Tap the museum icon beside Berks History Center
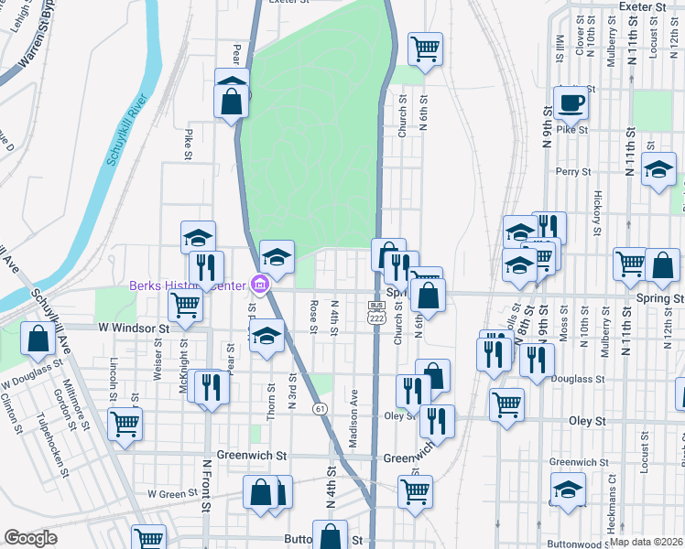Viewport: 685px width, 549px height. pyautogui.click(x=261, y=286)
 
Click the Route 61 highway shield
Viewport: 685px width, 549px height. pyautogui.click(x=319, y=407)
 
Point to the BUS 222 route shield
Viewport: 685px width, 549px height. pyautogui.click(x=376, y=310)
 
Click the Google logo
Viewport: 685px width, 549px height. pyautogui.click(x=30, y=538)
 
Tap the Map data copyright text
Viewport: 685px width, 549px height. pyautogui.click(x=646, y=542)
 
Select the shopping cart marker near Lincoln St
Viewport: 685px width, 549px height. pyautogui.click(x=125, y=424)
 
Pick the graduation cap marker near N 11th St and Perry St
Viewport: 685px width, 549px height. pyautogui.click(x=658, y=170)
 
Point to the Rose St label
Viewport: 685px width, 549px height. pyautogui.click(x=313, y=317)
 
